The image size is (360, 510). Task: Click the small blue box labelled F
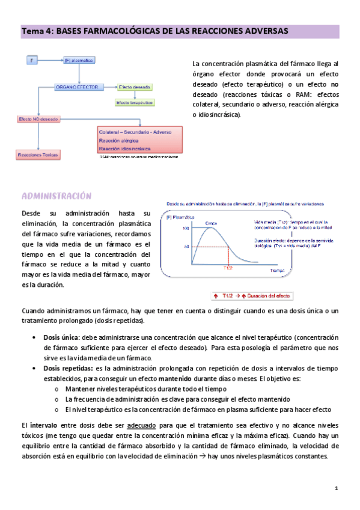(x=31, y=60)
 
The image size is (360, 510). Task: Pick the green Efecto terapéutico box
(x=134, y=103)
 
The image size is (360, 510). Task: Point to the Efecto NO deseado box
(x=38, y=120)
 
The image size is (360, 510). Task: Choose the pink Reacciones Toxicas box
(x=38, y=155)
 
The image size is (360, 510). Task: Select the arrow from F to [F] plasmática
(x=50, y=60)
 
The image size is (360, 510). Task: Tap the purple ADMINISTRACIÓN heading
(x=56, y=196)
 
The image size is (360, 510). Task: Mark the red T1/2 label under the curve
(x=227, y=268)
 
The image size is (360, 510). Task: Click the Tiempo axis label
(x=279, y=272)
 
